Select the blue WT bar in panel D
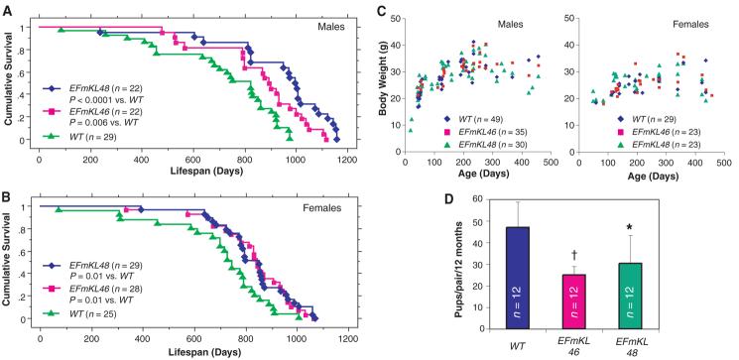[x=518, y=278]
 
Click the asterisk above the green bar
[x=629, y=228]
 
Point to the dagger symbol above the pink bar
[x=573, y=256]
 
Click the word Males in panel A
[x=330, y=27]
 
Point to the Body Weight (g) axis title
[x=385, y=85]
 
